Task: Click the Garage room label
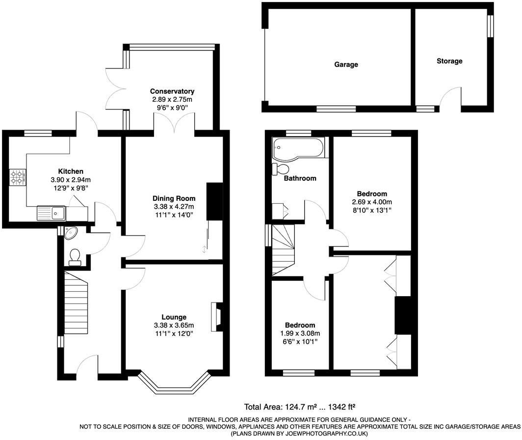(x=346, y=64)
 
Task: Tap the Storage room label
(x=449, y=61)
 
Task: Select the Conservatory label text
(x=172, y=91)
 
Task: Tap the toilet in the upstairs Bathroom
(x=281, y=169)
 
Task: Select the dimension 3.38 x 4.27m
(x=174, y=207)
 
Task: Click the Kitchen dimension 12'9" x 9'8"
(x=71, y=187)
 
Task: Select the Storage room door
(x=450, y=99)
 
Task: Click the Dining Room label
(x=174, y=198)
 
